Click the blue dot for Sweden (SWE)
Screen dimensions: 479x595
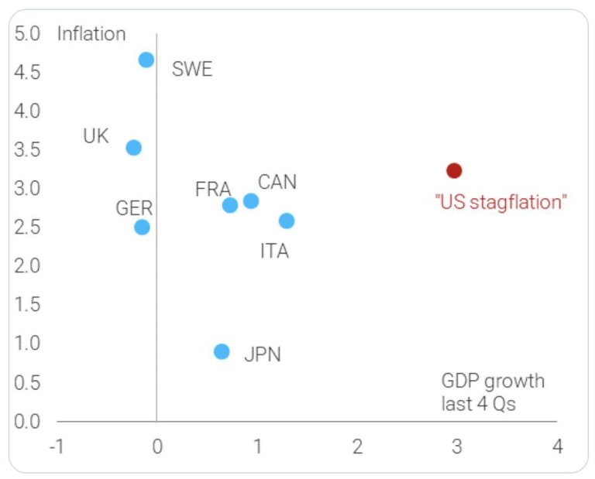(x=146, y=60)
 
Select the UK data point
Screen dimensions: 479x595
(x=134, y=147)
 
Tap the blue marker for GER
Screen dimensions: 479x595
(x=142, y=227)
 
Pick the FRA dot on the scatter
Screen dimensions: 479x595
(x=230, y=205)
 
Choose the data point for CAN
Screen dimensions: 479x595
(x=251, y=201)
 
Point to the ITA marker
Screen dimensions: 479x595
(x=287, y=221)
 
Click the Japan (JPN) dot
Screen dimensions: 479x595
(x=222, y=351)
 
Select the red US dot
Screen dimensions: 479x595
(x=454, y=170)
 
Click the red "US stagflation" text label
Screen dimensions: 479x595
(x=501, y=203)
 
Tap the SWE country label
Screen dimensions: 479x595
(x=192, y=70)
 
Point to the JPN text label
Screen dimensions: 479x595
(x=263, y=355)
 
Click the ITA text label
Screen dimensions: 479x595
(x=274, y=251)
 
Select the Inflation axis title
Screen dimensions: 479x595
(x=91, y=34)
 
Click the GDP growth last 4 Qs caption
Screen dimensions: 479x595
(x=493, y=392)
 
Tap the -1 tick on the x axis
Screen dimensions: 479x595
(x=56, y=447)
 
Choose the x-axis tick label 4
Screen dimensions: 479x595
(x=557, y=447)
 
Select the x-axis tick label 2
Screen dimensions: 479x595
(x=357, y=447)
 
